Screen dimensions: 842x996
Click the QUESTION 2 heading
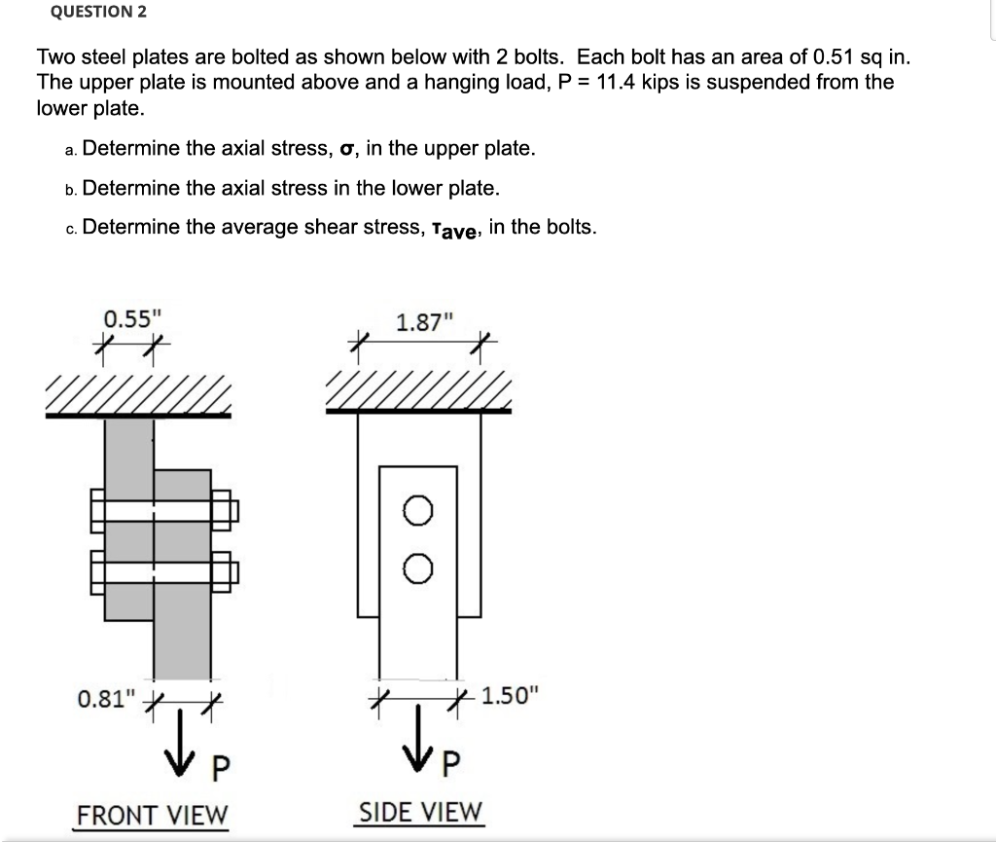click(x=91, y=13)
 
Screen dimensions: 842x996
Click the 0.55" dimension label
click(x=127, y=319)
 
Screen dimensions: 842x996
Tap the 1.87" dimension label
click(x=419, y=321)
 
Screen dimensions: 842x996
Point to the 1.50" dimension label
click(x=509, y=696)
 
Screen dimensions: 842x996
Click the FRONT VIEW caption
click(x=151, y=814)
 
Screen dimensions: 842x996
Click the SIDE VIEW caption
click(x=420, y=811)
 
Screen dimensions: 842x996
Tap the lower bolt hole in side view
click(x=417, y=569)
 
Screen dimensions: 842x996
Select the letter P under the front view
click(x=220, y=769)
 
